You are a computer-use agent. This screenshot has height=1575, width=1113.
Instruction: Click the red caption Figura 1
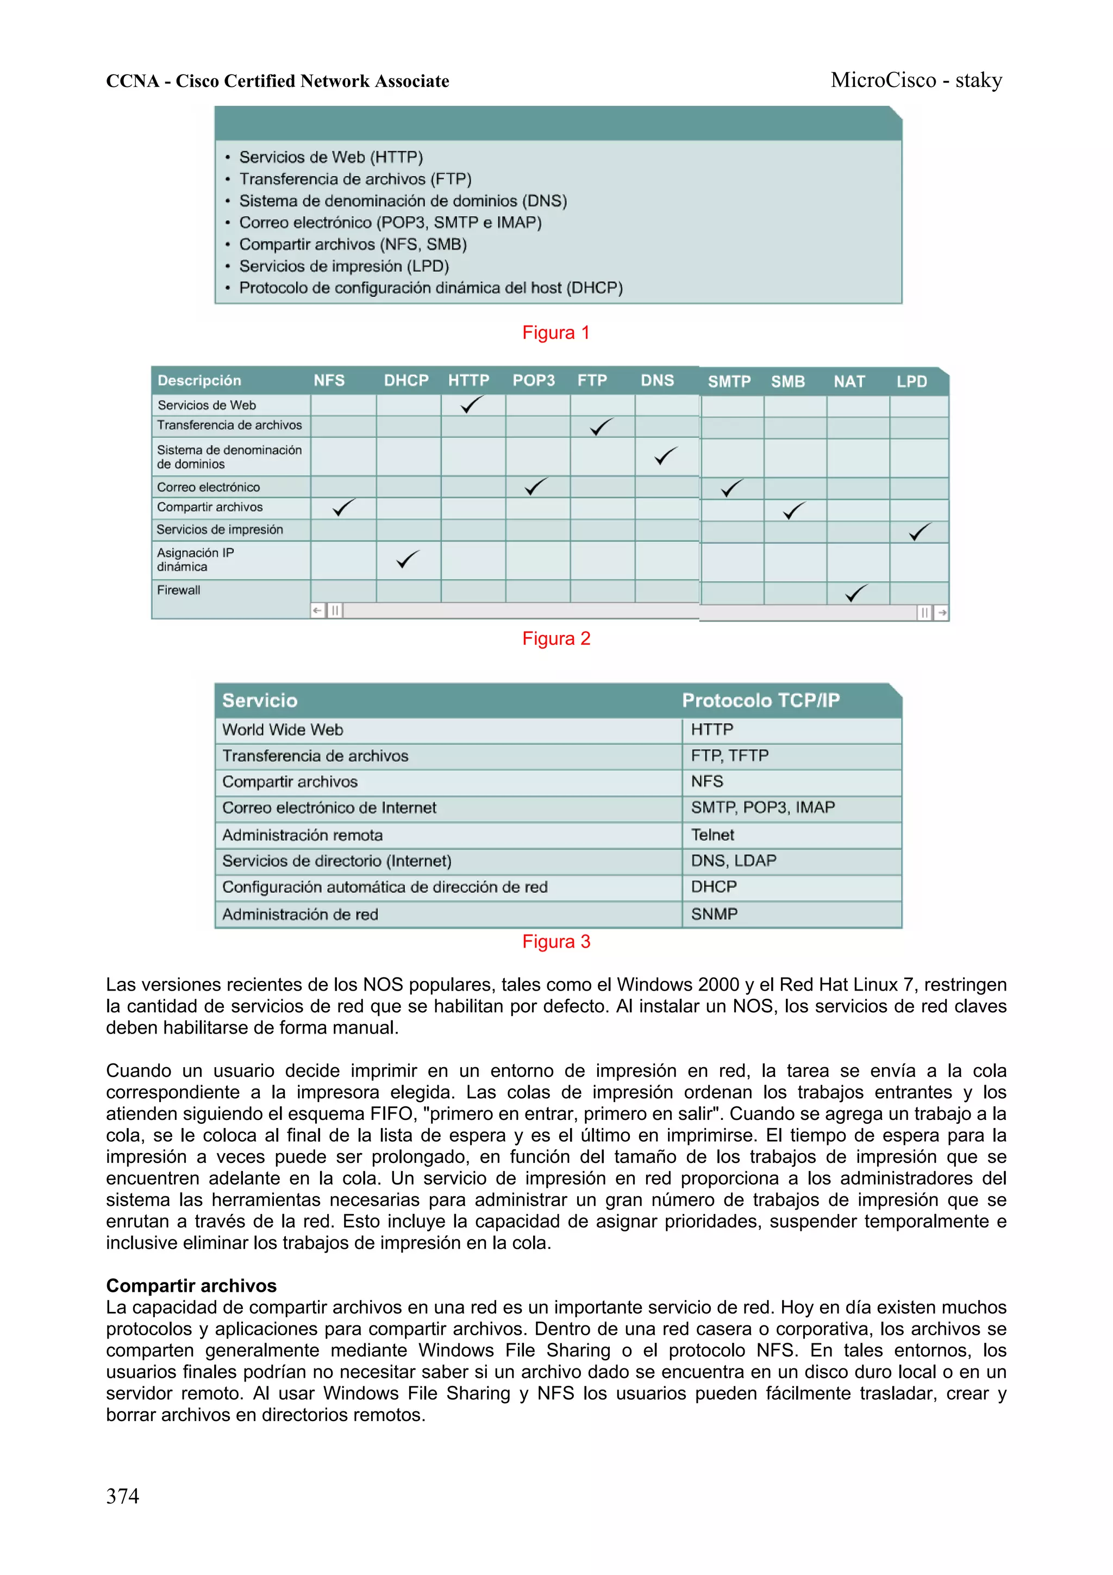(555, 333)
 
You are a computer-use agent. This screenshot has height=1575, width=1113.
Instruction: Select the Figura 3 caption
(555, 941)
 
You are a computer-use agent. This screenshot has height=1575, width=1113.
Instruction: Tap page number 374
(123, 1496)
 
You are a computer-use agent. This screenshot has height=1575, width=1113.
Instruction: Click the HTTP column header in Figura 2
(468, 381)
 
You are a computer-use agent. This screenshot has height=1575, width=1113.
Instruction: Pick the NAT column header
(849, 382)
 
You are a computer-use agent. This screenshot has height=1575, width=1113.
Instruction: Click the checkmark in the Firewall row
(856, 593)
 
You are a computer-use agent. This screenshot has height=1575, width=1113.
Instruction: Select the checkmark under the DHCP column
(408, 559)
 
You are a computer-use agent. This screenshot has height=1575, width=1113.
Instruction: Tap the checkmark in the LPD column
(920, 532)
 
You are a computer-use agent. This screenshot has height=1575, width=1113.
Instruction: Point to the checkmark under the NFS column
(343, 508)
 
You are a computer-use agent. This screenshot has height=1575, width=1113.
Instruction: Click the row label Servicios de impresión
(220, 530)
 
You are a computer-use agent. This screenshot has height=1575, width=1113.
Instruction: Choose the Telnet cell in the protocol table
(712, 835)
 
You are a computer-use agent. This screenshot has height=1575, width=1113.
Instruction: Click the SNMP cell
(714, 914)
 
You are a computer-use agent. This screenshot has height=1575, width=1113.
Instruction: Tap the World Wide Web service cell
(283, 730)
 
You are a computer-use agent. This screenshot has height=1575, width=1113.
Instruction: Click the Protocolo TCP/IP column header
(760, 700)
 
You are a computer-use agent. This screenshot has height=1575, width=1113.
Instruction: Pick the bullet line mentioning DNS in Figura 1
(403, 201)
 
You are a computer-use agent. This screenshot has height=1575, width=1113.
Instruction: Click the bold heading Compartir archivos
(191, 1286)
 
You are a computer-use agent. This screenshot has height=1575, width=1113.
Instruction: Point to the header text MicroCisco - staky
(916, 80)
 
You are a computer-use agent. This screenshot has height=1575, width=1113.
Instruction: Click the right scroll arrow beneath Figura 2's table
(942, 613)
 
